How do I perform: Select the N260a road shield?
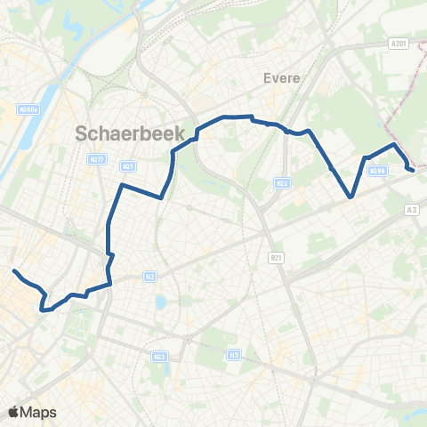coord(29,109)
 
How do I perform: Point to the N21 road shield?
coord(129,165)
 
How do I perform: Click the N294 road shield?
coord(377,171)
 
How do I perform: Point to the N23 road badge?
coord(159,357)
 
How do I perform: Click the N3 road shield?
coord(234,355)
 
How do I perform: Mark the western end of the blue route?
coord(14,270)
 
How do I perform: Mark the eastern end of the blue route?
coord(411,167)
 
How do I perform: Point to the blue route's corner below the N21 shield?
coord(122,186)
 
